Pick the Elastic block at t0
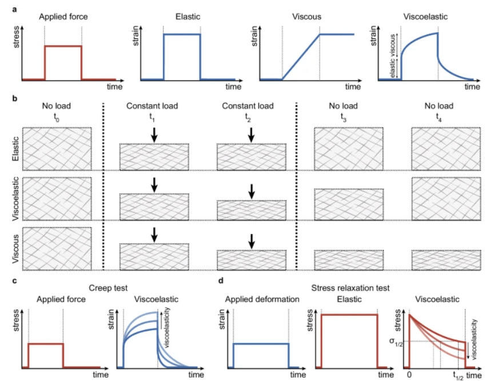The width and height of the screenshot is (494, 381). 56,148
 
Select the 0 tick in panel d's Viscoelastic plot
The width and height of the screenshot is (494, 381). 409,375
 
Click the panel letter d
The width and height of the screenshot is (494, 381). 221,280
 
